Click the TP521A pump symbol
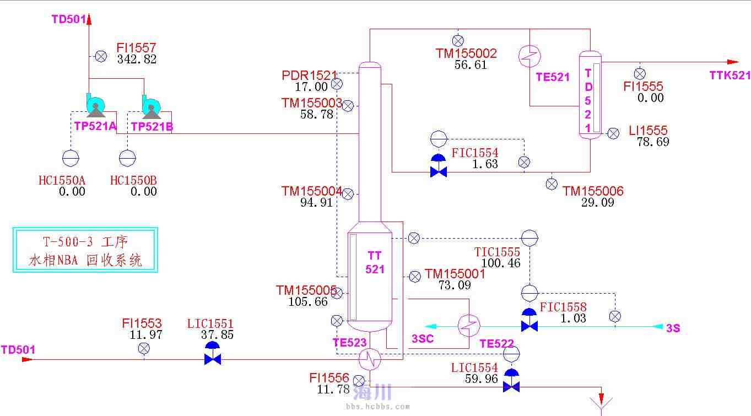click(95, 106)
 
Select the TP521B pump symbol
click(151, 106)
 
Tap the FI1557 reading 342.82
click(137, 60)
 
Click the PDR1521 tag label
click(309, 75)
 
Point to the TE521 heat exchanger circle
click(530, 55)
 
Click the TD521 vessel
click(589, 95)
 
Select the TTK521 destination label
click(730, 75)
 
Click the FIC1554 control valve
click(439, 167)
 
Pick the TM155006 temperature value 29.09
click(597, 203)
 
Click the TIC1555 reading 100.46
click(500, 263)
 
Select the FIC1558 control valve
click(530, 322)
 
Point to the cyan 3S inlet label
click(673, 328)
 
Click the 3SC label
click(423, 338)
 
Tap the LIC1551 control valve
click(213, 355)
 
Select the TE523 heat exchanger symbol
click(370, 359)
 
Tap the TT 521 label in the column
click(375, 262)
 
